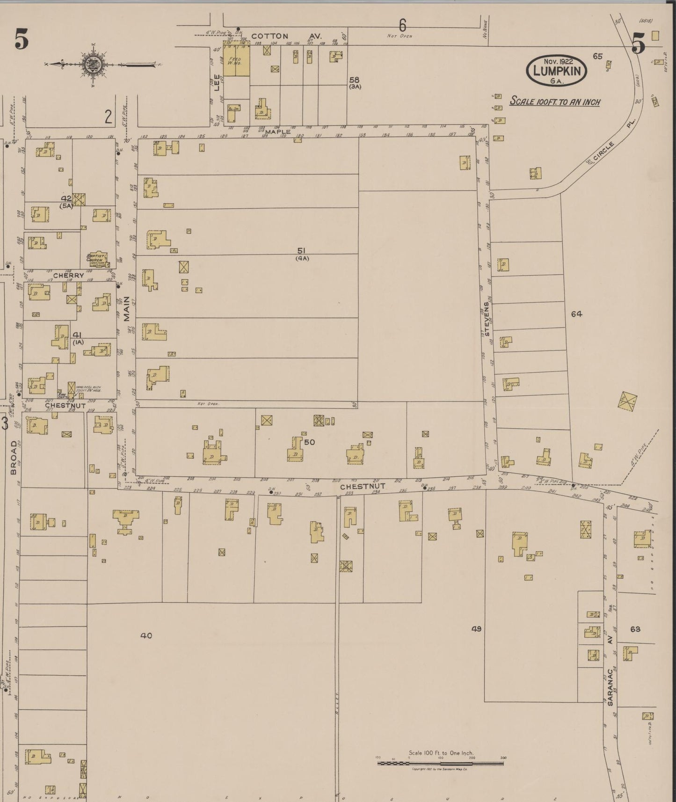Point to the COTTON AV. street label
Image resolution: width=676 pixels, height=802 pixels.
[285, 36]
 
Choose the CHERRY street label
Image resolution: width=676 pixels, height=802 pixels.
[68, 276]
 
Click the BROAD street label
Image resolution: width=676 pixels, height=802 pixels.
[14, 457]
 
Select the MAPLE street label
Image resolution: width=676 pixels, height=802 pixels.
[278, 132]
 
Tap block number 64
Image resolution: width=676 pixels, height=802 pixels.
[576, 314]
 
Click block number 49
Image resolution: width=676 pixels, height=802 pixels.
[476, 629]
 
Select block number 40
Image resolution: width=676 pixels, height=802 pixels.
[146, 635]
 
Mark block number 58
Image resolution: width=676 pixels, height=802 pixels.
[354, 80]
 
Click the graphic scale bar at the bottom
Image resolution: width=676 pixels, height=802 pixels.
[440, 764]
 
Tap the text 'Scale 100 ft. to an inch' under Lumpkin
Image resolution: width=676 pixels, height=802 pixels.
[555, 102]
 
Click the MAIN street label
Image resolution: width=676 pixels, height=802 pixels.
[126, 309]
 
